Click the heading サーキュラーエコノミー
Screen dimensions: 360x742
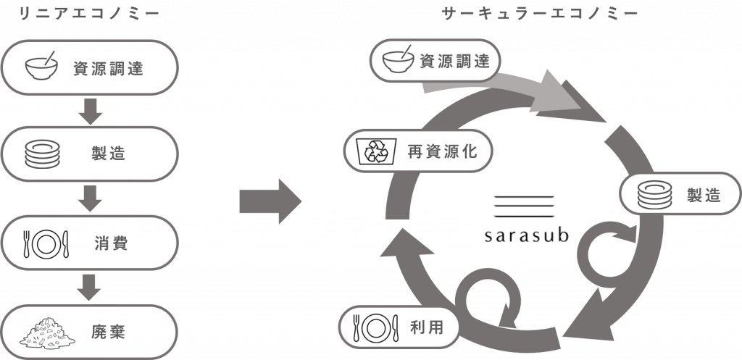coord(539,14)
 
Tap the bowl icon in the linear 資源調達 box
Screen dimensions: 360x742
coord(42,67)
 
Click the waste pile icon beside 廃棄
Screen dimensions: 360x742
coord(46,330)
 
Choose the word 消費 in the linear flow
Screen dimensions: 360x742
coord(111,243)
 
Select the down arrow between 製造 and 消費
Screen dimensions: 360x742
coord(90,198)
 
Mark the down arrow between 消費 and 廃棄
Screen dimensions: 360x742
coord(90,286)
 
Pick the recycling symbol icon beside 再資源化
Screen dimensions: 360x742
coord(378,151)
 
